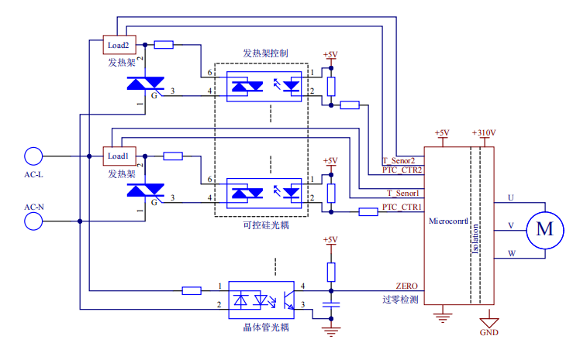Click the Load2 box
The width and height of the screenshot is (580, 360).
coord(118,45)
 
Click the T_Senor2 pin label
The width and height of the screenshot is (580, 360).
coord(402,160)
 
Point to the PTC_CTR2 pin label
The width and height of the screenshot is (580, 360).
coord(402,170)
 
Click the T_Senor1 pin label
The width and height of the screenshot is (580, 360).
coord(402,193)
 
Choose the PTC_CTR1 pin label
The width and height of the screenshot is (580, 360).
coord(402,207)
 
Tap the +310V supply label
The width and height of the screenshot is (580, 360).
coord(483,132)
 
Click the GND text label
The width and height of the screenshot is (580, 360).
coord(489,333)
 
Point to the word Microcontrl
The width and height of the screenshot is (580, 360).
coord(448,221)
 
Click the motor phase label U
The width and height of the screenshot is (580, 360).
coord(510,198)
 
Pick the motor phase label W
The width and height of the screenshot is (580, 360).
coord(510,253)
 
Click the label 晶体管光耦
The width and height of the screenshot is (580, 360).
coord(265,327)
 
